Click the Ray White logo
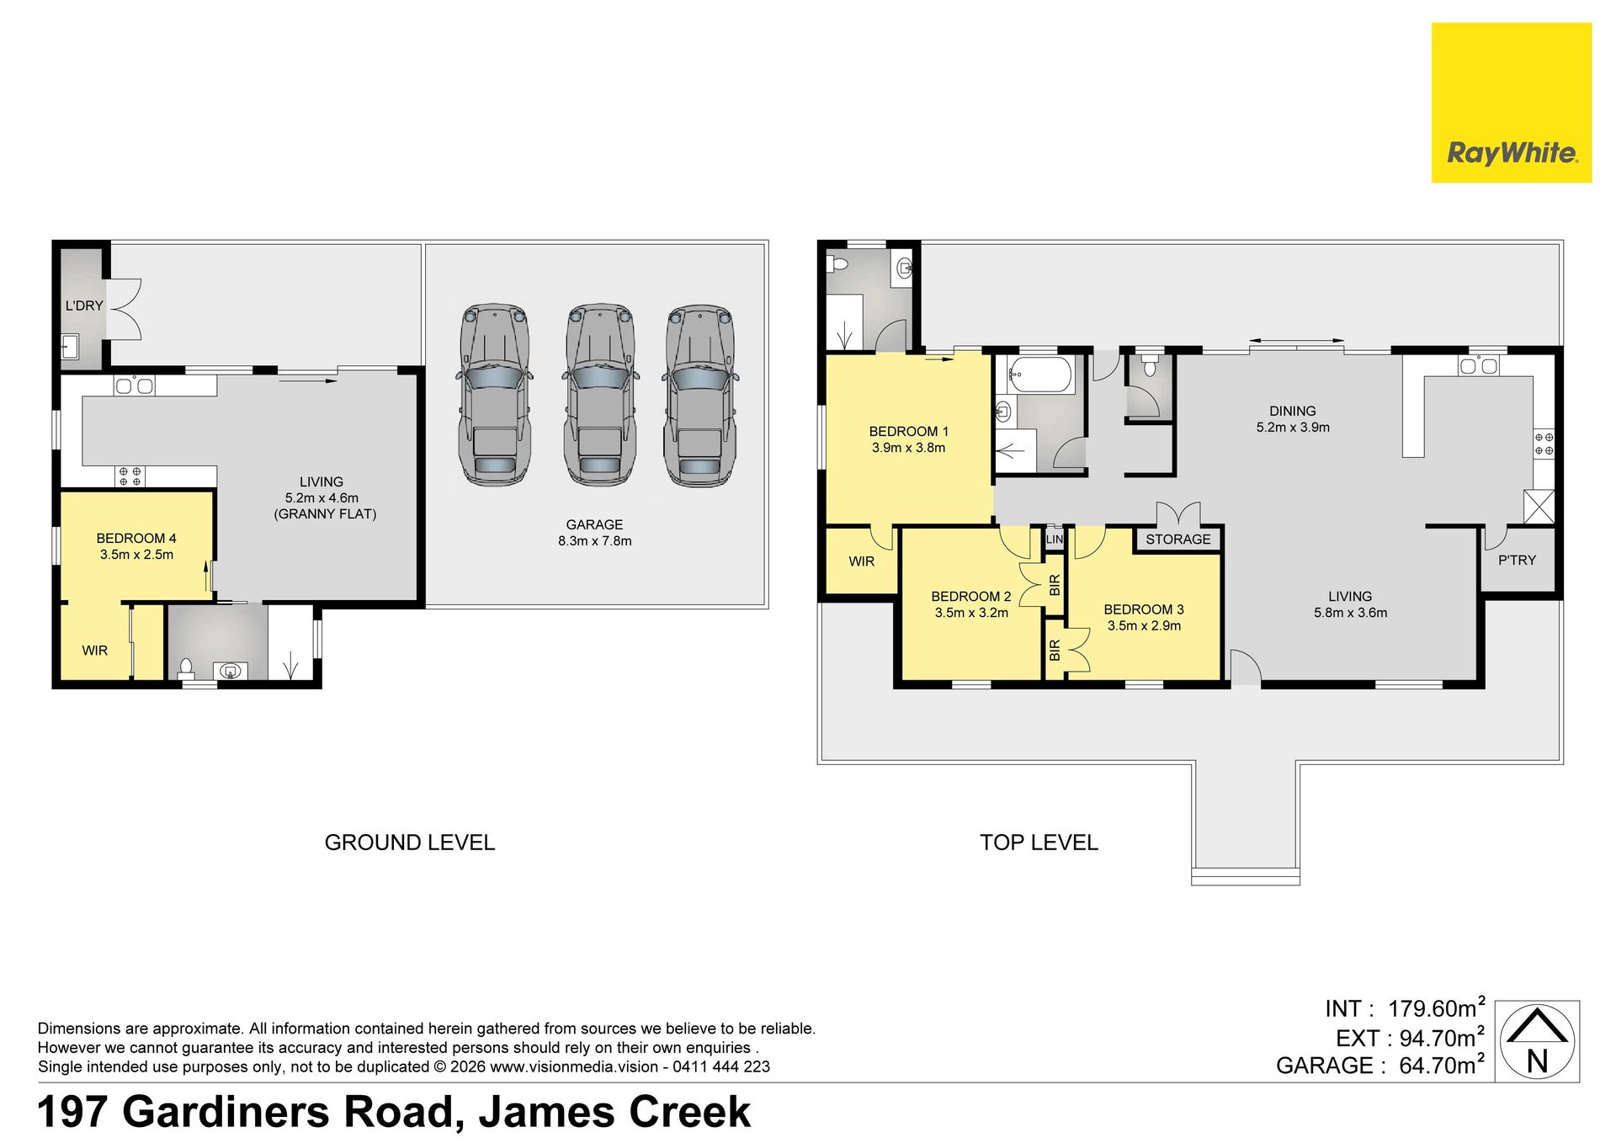[1511, 103]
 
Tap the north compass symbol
[1538, 1041]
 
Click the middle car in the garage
[599, 396]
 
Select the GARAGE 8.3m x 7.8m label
[594, 533]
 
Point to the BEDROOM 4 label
[136, 538]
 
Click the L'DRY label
[84, 306]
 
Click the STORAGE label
[1177, 540]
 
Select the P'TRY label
[1517, 560]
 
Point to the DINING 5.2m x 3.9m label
[1293, 419]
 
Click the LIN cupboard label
[1055, 540]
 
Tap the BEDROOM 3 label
[1144, 609]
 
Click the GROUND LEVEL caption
[410, 843]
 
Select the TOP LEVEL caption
[1039, 843]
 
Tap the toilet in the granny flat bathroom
[186, 669]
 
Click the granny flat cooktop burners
[130, 477]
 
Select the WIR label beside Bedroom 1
[861, 561]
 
